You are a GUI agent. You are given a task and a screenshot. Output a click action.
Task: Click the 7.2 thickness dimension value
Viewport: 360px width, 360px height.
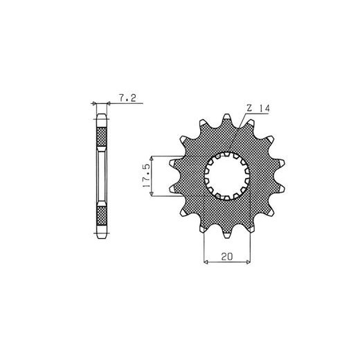(127, 98)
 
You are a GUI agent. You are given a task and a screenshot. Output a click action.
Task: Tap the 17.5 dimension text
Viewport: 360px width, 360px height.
(146, 176)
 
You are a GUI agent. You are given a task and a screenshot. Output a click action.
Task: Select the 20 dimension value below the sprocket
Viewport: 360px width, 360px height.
(227, 256)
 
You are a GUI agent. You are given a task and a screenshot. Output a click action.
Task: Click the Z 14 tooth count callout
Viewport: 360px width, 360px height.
(258, 108)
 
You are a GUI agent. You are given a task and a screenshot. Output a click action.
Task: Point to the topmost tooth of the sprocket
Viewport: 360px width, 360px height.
(227, 117)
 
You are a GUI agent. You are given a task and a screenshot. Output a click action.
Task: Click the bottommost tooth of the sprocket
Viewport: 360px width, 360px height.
(227, 234)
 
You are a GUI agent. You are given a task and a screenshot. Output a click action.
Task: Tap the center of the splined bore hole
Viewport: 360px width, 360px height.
(227, 176)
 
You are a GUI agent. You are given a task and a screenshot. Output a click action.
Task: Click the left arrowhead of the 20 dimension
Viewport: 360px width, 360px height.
(206, 262)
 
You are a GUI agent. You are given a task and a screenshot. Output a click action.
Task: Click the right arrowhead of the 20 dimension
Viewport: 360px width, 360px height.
(248, 262)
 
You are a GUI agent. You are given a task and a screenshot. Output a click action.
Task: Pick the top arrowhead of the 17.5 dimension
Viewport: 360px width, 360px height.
(152, 159)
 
